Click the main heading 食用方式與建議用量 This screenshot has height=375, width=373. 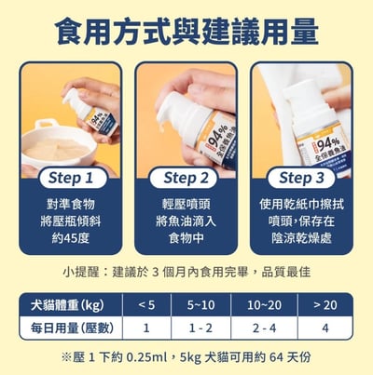(x=186, y=32)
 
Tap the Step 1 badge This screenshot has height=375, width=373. (x=71, y=177)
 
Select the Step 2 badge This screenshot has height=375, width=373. (x=186, y=177)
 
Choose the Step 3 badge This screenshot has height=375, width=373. (x=300, y=177)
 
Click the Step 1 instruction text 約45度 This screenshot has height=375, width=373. (x=71, y=238)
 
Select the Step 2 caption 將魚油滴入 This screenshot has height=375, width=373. (x=186, y=220)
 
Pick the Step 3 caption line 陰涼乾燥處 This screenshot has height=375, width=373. (x=300, y=238)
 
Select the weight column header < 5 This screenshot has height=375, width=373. (x=145, y=304)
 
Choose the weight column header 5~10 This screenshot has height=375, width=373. (x=200, y=304)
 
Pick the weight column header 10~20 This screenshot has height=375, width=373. (x=265, y=304)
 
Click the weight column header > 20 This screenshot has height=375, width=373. (x=325, y=304)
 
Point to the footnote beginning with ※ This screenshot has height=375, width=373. (x=186, y=356)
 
